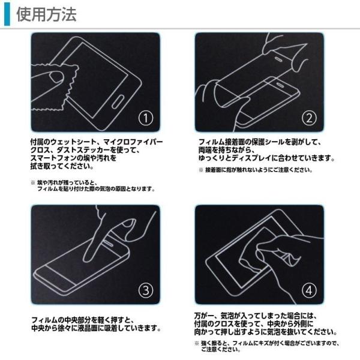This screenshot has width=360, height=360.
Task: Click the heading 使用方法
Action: click(x=46, y=14)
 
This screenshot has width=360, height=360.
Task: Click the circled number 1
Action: click(x=146, y=118)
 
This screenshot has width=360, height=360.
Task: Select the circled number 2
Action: click(x=309, y=118)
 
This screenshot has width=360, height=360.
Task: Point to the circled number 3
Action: click(x=146, y=290)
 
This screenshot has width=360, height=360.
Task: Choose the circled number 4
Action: click(x=309, y=290)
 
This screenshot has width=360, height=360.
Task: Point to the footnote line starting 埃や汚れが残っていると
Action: click(x=67, y=183)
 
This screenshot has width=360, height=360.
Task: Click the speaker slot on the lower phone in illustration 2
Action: click(x=280, y=84)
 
